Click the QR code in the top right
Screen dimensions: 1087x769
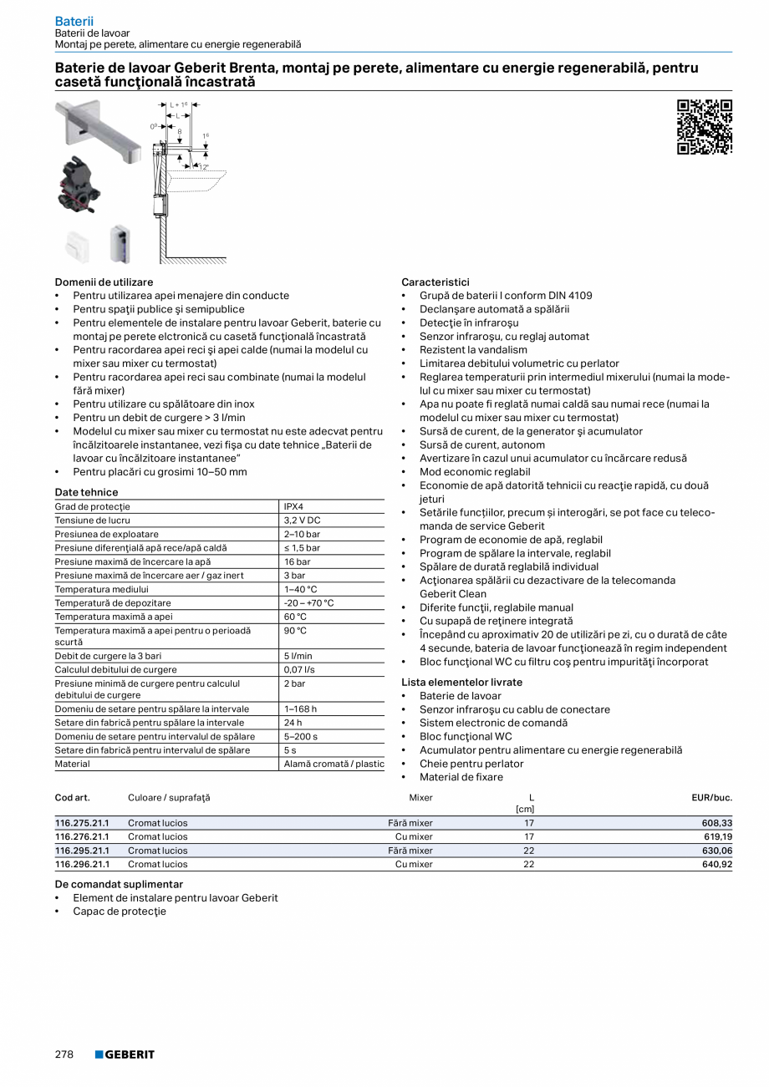704,127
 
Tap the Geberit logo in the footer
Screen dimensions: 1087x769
125,1054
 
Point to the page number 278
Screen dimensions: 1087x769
64,1054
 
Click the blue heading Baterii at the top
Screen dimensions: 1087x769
74,20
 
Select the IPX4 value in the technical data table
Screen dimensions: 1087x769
293,506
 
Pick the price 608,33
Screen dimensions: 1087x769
716,823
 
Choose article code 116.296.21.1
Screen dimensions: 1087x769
82,864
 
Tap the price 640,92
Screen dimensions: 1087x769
716,864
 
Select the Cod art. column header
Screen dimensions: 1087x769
72,797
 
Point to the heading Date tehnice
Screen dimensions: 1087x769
86,492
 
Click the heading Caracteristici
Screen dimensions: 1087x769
435,282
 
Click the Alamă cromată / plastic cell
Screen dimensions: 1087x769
334,764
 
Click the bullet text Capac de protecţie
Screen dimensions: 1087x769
120,911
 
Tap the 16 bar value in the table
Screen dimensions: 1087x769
297,561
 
